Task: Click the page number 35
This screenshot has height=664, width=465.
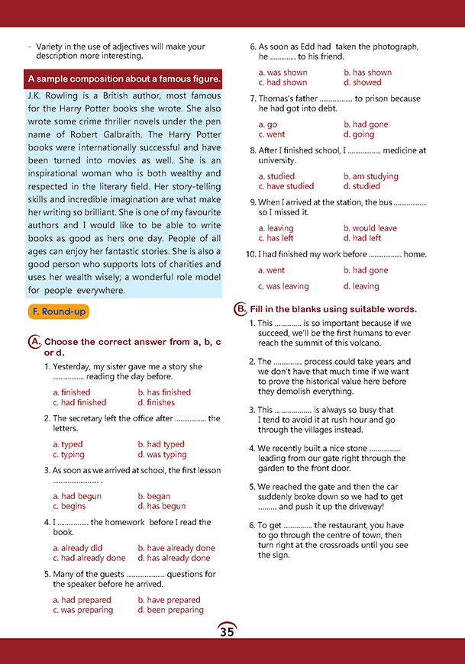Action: (227, 631)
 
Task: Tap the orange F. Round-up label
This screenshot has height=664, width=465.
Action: (59, 311)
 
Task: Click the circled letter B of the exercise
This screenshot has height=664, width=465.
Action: (241, 309)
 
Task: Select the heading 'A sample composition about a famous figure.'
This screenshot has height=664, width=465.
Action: (124, 79)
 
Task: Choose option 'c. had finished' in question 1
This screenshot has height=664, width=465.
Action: (79, 402)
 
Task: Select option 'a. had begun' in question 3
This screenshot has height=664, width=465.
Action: (76, 496)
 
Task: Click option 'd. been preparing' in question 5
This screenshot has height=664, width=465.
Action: (170, 610)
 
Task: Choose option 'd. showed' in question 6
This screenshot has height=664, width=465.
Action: (362, 82)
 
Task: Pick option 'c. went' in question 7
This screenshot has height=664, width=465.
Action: (272, 134)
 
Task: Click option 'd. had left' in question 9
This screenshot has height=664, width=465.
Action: (362, 238)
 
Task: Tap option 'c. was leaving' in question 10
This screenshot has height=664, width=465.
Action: (283, 286)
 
